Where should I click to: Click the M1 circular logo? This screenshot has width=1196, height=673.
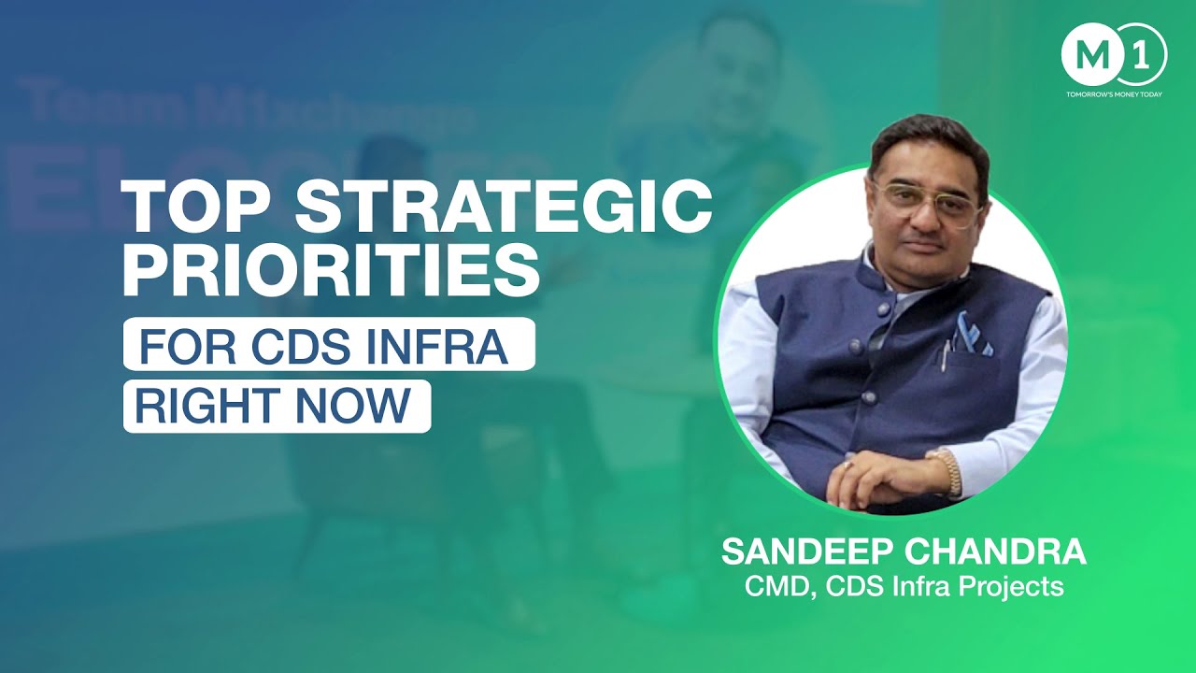[x=1113, y=54]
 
